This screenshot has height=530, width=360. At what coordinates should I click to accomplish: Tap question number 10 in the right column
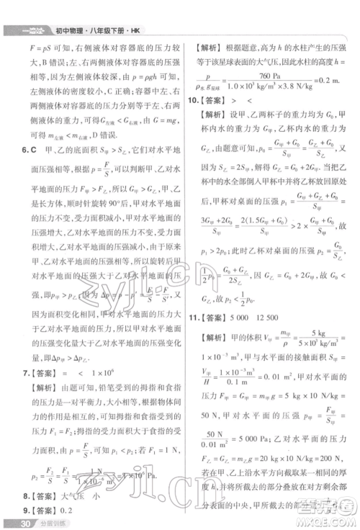(x=193, y=101)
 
